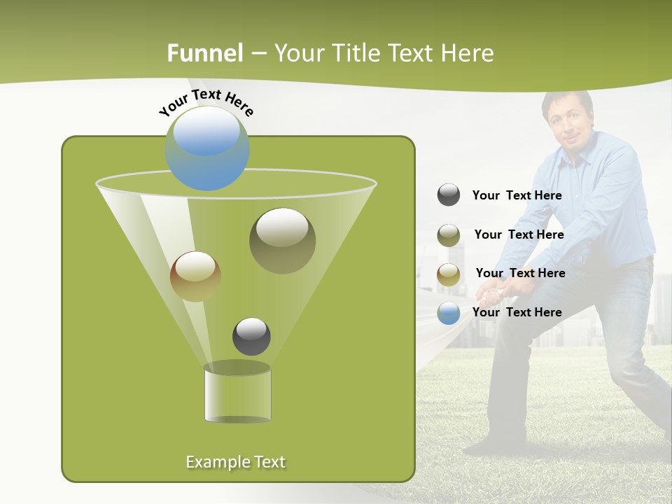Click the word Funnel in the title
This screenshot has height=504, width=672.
coord(204,53)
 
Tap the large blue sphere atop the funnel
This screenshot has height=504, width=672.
coord(207,148)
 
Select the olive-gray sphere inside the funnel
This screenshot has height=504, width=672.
coord(282,240)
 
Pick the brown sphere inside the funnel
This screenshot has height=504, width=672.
coord(195,276)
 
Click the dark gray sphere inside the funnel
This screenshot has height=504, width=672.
coord(251,336)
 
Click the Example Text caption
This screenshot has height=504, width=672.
coord(236,462)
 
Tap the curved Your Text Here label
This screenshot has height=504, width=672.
coord(206,101)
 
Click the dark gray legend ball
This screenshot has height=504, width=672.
coord(449,195)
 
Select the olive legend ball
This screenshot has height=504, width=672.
coord(449,235)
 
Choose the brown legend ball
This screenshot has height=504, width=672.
coord(449,274)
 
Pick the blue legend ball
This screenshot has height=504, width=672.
coord(449,313)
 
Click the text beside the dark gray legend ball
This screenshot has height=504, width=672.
coord(517,196)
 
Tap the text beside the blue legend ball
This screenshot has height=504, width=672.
coord(517,312)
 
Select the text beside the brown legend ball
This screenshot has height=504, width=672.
coord(520,273)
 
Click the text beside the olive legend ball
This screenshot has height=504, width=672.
coord(519,234)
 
